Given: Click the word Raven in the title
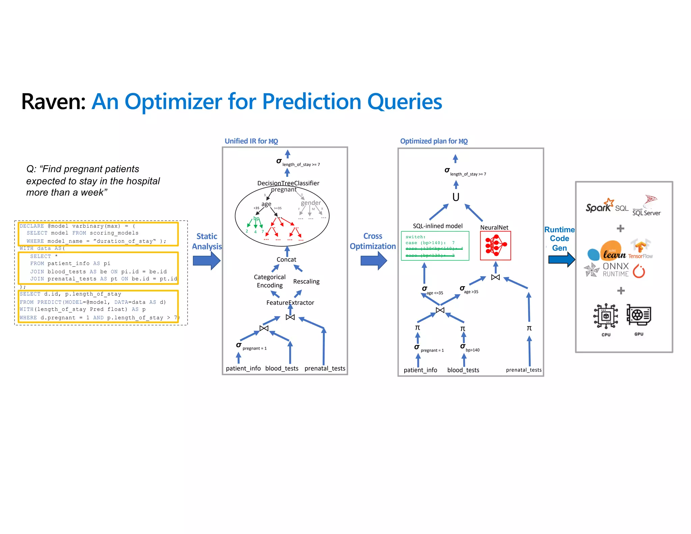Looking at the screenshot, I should [53, 102].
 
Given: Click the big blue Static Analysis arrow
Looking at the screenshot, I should [206, 261].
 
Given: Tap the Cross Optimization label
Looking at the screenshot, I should [372, 241].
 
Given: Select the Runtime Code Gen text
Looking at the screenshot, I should [559, 239].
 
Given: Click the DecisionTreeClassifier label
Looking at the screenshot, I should [288, 183].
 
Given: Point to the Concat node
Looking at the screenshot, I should [286, 260].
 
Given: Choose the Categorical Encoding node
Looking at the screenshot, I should [270, 281].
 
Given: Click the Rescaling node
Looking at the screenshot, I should [306, 282].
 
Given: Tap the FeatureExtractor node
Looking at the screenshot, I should [290, 303].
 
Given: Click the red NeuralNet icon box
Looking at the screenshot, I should [495, 246].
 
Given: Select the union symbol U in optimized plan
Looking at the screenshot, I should [455, 197].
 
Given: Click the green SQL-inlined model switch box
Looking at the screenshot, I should [435, 246].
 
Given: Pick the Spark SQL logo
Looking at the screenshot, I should [606, 206].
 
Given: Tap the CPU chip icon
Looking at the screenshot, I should [606, 316].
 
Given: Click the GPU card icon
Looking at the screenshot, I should [638, 315].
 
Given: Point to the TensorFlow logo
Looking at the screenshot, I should [640, 250].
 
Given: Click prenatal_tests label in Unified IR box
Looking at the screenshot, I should [325, 368].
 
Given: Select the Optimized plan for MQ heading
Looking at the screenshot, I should [434, 141].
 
